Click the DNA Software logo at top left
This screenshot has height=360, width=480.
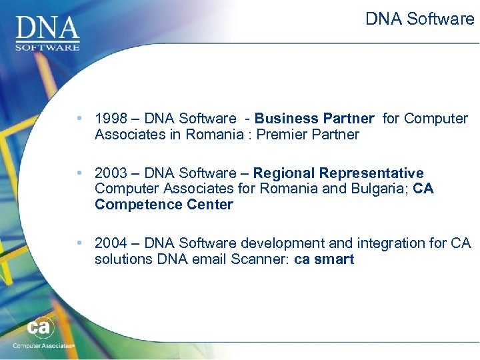[47, 31]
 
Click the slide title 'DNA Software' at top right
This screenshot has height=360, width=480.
[419, 19]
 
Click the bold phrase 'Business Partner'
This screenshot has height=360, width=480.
[314, 119]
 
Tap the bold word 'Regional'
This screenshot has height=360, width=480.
[283, 173]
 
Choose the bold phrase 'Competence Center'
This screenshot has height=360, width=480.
[164, 205]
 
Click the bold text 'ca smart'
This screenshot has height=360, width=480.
[324, 259]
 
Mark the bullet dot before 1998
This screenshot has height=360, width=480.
[79, 119]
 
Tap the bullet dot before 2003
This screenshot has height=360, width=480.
[79, 173]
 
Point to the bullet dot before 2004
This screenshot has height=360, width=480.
[79, 243]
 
